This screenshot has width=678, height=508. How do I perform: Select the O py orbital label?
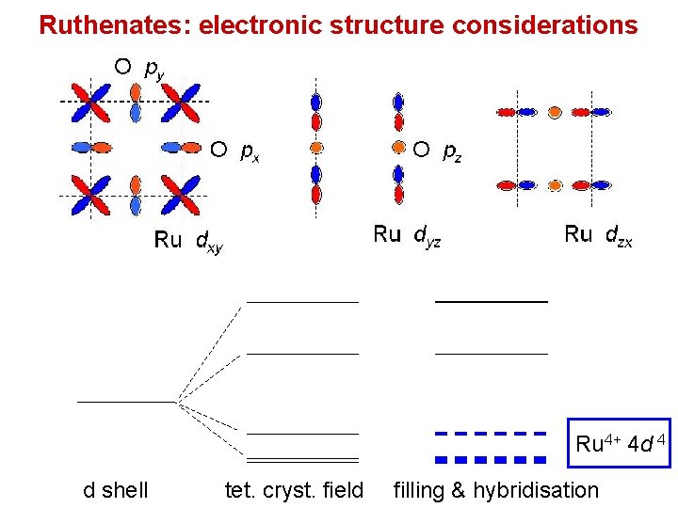click(x=136, y=68)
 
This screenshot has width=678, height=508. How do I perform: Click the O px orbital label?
click(x=235, y=150)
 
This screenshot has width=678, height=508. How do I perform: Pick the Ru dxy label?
click(x=188, y=241)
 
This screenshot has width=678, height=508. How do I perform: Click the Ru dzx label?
click(x=598, y=235)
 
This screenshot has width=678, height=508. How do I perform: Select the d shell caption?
click(x=116, y=490)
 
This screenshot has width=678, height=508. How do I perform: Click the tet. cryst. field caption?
click(x=294, y=490)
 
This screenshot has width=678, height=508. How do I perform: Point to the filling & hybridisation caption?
click(x=495, y=490)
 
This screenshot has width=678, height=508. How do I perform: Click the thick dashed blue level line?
click(x=491, y=460)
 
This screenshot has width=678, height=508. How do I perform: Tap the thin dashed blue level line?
click(x=491, y=434)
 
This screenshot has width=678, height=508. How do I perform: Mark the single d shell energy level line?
click(x=126, y=402)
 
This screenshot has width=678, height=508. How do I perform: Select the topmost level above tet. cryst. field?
click(x=302, y=302)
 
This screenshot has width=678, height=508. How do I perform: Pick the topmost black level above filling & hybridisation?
click(x=491, y=301)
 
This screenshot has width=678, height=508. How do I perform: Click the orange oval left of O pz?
click(x=398, y=148)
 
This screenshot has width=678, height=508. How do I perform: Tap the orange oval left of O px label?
click(x=191, y=147)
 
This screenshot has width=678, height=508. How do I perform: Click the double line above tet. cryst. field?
click(x=302, y=460)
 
